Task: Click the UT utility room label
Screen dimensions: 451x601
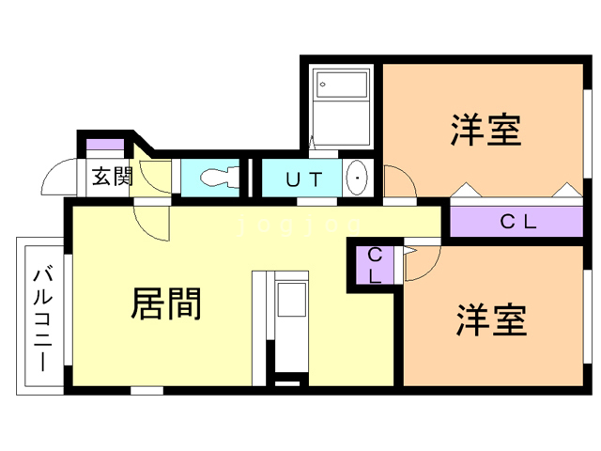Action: (303, 178)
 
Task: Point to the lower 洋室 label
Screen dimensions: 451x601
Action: (490, 320)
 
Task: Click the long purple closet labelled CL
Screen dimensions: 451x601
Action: (516, 223)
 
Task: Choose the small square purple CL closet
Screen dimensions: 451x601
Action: (374, 265)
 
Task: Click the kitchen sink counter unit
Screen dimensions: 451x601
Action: (291, 304)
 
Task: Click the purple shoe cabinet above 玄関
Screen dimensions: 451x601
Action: (105, 146)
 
